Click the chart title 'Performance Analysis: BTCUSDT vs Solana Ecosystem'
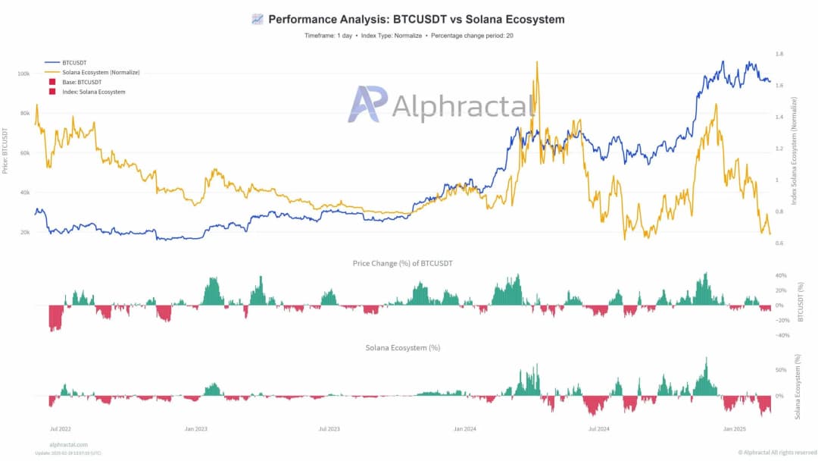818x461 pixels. point(416,19)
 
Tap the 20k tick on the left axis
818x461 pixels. point(23,232)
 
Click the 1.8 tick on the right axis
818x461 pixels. point(779,54)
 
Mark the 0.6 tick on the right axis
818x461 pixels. point(779,243)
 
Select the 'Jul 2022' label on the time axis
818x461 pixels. point(61,429)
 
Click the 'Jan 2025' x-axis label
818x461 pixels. point(734,429)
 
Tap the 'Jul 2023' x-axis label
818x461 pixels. point(329,429)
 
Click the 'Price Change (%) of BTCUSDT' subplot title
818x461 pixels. point(403,263)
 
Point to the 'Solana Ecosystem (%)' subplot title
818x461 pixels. point(403,348)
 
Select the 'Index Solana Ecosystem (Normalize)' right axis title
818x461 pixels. point(795,150)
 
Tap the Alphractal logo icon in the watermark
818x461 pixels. point(367,104)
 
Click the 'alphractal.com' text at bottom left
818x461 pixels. point(68,444)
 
